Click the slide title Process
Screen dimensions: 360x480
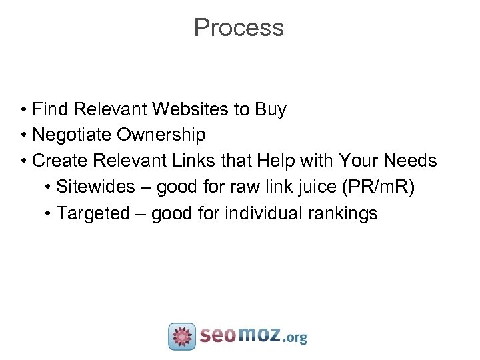click(239, 28)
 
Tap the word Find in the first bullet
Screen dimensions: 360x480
click(51, 109)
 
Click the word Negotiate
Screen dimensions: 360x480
click(72, 135)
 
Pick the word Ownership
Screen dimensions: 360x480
click(161, 135)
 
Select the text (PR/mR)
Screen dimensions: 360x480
click(377, 187)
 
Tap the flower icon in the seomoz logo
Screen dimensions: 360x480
click(182, 336)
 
